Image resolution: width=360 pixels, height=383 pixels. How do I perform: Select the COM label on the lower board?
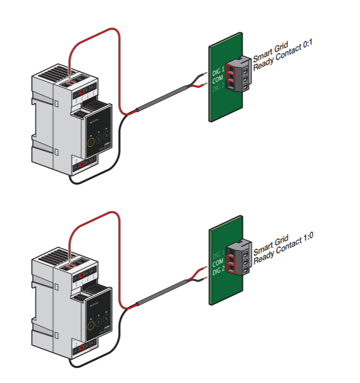pyautogui.click(x=218, y=263)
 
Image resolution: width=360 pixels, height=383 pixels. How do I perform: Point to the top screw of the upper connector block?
pyautogui.click(x=246, y=68)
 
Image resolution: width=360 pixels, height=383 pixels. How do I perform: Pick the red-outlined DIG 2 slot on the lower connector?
pyautogui.click(x=231, y=270)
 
